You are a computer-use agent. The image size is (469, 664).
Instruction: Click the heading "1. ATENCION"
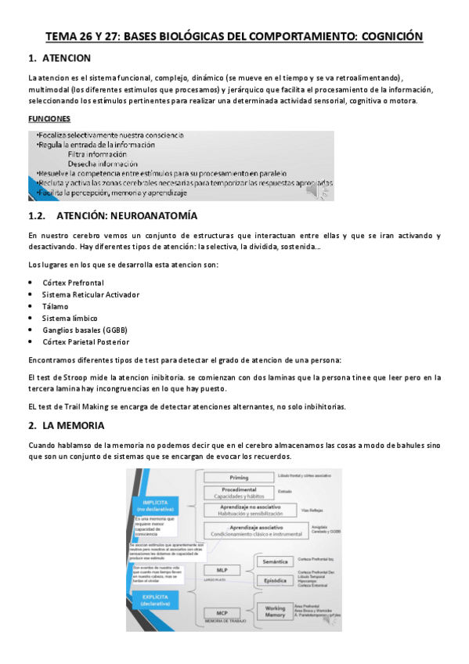pyautogui.click(x=60, y=59)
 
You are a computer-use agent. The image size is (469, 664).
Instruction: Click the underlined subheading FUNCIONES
pyautogui.click(x=49, y=120)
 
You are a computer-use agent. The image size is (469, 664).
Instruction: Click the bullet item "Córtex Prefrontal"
pyautogui.click(x=74, y=283)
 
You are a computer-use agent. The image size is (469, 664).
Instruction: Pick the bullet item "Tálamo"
pyautogui.click(x=56, y=306)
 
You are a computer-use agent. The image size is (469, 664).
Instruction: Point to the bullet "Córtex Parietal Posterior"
pyautogui.click(x=86, y=342)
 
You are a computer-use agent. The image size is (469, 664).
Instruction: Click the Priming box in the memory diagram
pyautogui.click(x=238, y=476)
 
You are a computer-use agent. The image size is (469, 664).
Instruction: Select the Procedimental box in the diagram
pyautogui.click(x=238, y=493)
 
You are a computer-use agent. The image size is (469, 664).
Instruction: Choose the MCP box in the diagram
pyautogui.click(x=222, y=612)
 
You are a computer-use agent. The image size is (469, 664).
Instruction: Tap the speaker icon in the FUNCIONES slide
pyautogui.click(x=320, y=190)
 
